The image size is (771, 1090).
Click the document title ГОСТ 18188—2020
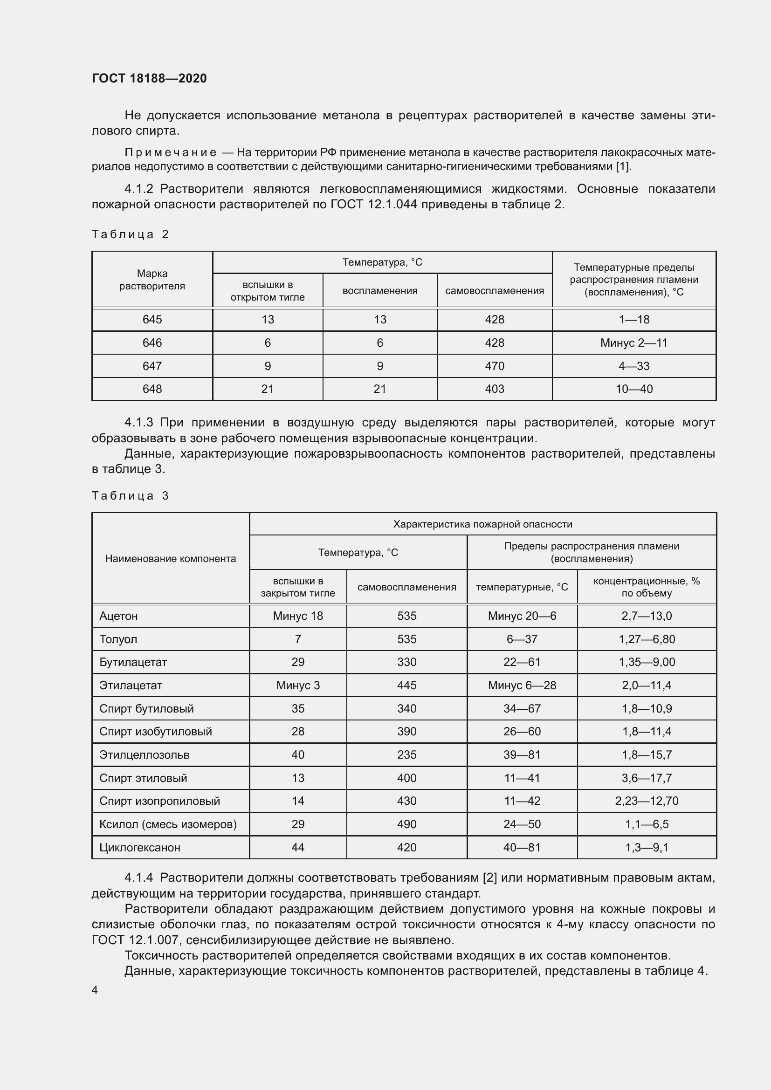click(149, 78)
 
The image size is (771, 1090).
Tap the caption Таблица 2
click(130, 234)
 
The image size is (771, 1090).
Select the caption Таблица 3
click(130, 496)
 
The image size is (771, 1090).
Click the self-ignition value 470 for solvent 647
click(494, 366)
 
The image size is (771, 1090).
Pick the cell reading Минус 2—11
click(633, 343)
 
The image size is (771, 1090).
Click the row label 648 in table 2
click(152, 389)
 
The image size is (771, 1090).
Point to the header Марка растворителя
click(152, 280)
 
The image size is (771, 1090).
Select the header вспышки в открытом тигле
click(267, 291)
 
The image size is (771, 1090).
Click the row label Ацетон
click(119, 616)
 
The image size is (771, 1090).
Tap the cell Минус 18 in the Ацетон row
click(298, 616)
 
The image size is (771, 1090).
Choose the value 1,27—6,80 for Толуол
click(646, 639)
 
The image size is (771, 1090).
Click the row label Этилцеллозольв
click(145, 755)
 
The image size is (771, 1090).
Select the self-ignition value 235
click(406, 755)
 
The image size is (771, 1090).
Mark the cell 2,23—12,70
click(646, 801)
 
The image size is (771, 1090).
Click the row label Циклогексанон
click(139, 847)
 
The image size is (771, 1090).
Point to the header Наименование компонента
click(171, 559)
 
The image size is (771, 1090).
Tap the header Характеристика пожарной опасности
click(482, 524)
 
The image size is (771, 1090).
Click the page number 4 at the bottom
click(95, 990)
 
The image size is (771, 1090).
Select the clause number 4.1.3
click(138, 423)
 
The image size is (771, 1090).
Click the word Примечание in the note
click(171, 152)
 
